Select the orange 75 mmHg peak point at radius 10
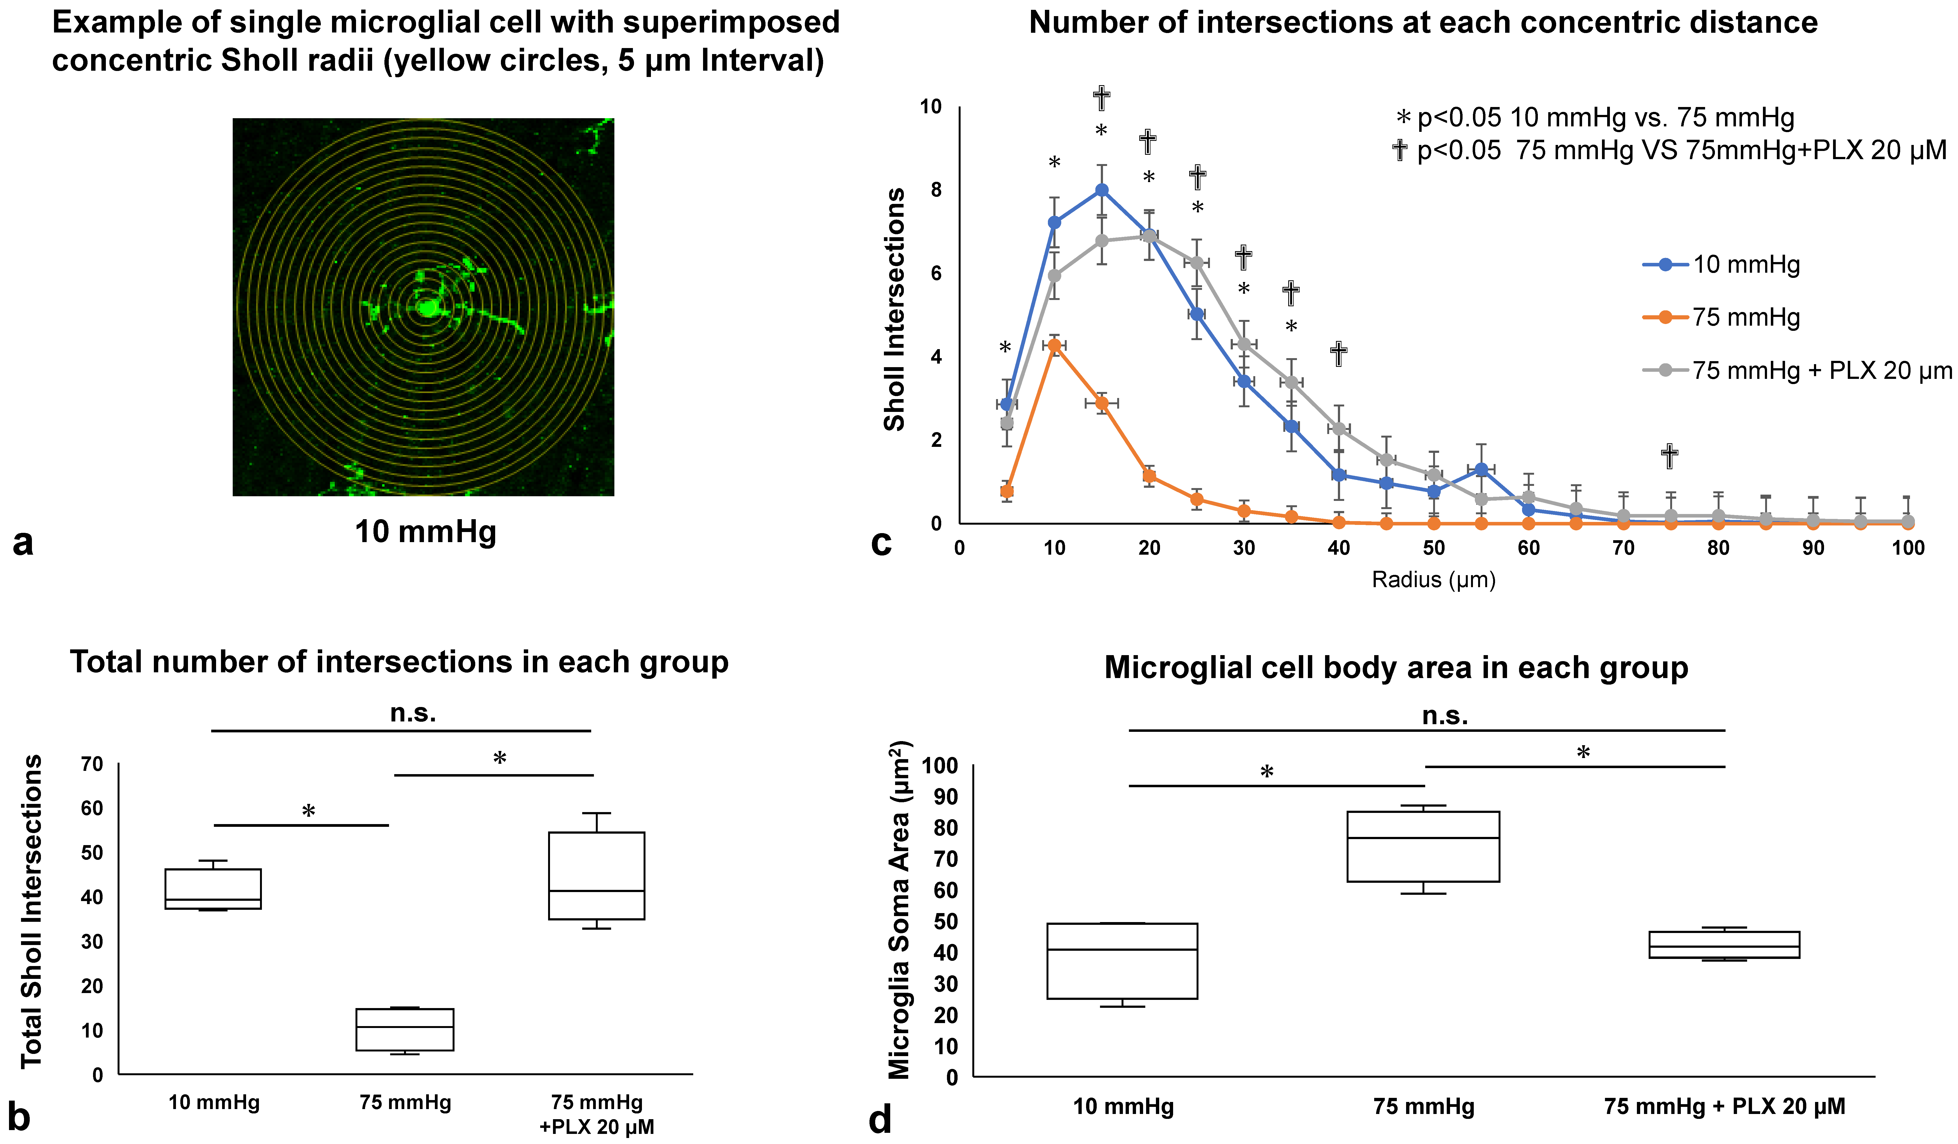(x=1054, y=345)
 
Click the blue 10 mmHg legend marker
(x=1665, y=264)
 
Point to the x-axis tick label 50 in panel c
(x=1434, y=548)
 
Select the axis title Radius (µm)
(x=1434, y=580)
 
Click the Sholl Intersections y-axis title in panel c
(x=895, y=309)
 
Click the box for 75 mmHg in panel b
(x=405, y=1030)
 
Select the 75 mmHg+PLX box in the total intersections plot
(x=597, y=876)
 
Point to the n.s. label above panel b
(x=412, y=713)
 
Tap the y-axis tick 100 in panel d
(x=939, y=766)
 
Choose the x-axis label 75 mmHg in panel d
(x=1424, y=1107)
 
